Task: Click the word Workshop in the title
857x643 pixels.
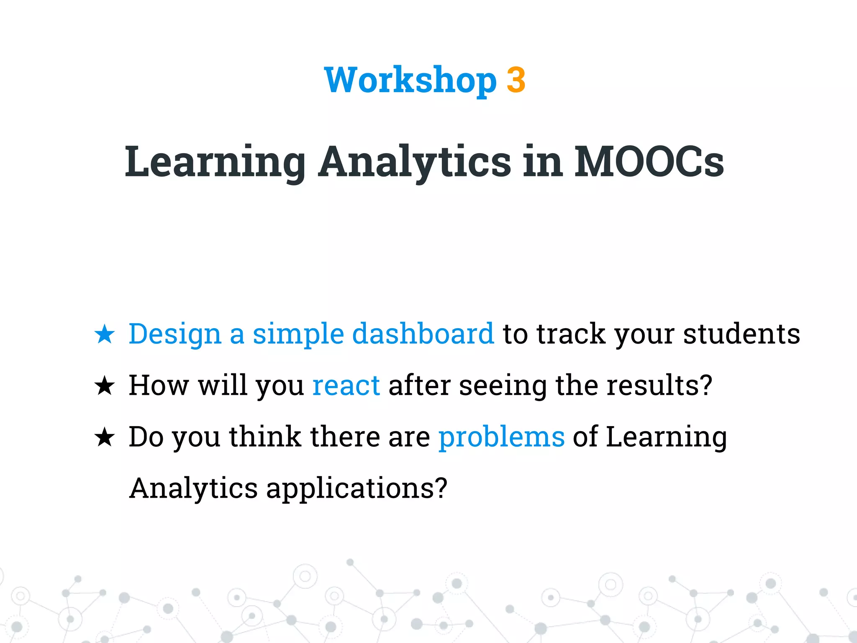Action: (410, 80)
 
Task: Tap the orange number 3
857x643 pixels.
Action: (516, 80)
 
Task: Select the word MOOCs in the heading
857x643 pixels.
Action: (649, 162)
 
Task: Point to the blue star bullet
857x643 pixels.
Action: (104, 334)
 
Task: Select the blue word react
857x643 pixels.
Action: (346, 385)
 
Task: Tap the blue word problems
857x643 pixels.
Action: (501, 437)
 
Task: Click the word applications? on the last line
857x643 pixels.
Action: (357, 488)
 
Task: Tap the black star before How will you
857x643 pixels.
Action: (104, 386)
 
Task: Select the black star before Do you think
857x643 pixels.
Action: (104, 437)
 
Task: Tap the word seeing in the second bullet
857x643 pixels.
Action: (503, 385)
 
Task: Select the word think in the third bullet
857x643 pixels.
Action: (265, 437)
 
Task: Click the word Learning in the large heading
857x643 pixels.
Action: (215, 162)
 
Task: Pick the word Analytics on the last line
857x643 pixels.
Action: (193, 488)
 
